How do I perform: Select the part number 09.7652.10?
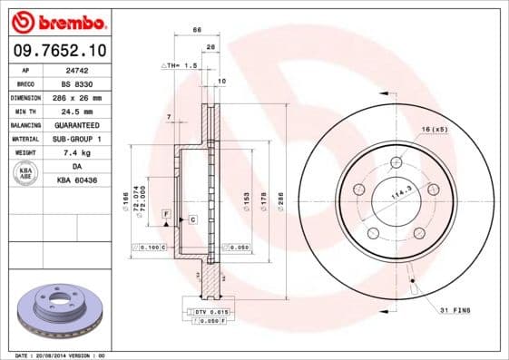(x=60, y=50)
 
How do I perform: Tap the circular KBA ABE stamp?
(x=26, y=174)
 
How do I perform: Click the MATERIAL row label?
(x=25, y=139)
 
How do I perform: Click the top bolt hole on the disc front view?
(x=396, y=163)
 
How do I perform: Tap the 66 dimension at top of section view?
(x=197, y=30)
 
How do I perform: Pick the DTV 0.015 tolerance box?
(x=213, y=311)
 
